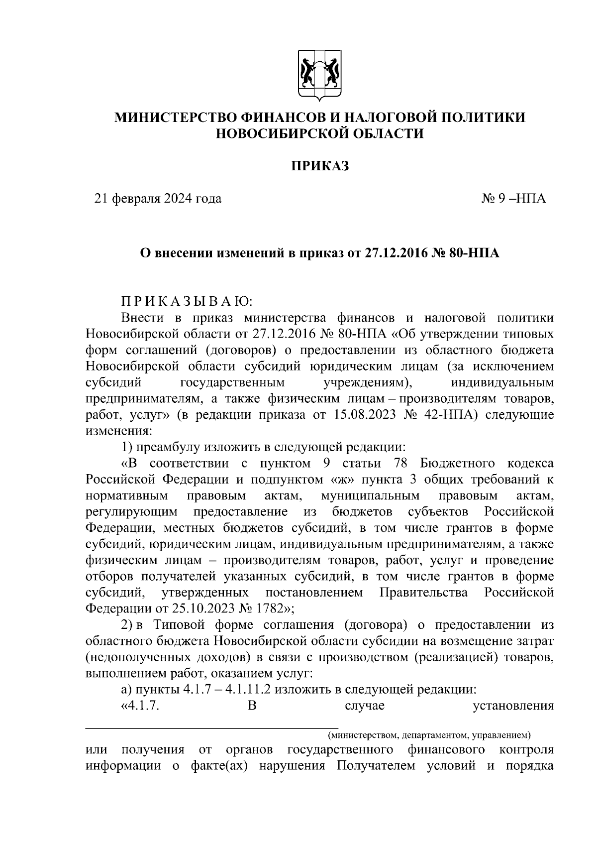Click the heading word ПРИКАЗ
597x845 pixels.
point(319,165)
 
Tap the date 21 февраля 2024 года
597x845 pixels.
point(158,199)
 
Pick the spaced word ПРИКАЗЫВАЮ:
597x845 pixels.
point(187,302)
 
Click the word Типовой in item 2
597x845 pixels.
point(181,625)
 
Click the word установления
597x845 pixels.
point(512,706)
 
